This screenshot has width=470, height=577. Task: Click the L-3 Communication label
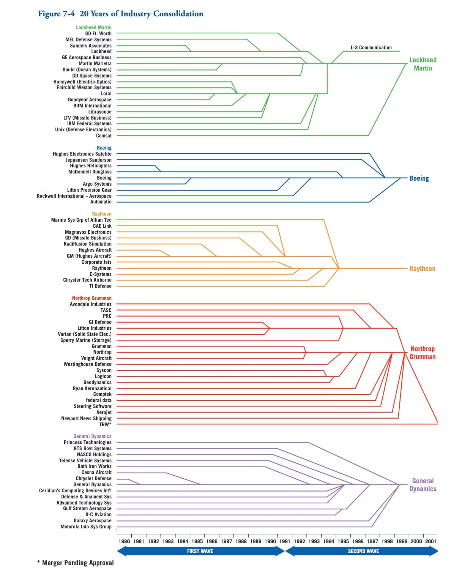pyautogui.click(x=371, y=47)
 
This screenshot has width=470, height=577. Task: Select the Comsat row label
pyautogui.click(x=104, y=136)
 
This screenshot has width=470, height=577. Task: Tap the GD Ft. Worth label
pyautogui.click(x=98, y=33)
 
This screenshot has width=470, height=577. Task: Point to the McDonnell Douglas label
pyautogui.click(x=90, y=172)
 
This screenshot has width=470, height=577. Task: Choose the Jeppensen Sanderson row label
pyautogui.click(x=88, y=160)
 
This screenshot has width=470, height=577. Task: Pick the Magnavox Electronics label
pyautogui.click(x=88, y=232)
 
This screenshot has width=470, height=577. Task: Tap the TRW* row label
pyautogui.click(x=105, y=424)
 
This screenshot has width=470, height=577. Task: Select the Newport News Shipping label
pyautogui.click(x=86, y=418)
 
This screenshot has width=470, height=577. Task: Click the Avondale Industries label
pyautogui.click(x=91, y=304)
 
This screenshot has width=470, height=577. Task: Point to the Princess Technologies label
pyautogui.click(x=88, y=442)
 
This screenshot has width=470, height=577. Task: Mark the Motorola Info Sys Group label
pyautogui.click(x=86, y=527)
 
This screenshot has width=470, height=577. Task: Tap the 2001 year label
pyautogui.click(x=431, y=541)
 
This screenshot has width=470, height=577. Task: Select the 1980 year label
pyautogui.click(x=124, y=541)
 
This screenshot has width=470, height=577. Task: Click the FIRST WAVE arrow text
pyautogui.click(x=200, y=551)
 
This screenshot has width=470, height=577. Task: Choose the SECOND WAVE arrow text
pyautogui.click(x=363, y=551)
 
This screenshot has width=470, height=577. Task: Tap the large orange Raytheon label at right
pyautogui.click(x=422, y=269)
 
